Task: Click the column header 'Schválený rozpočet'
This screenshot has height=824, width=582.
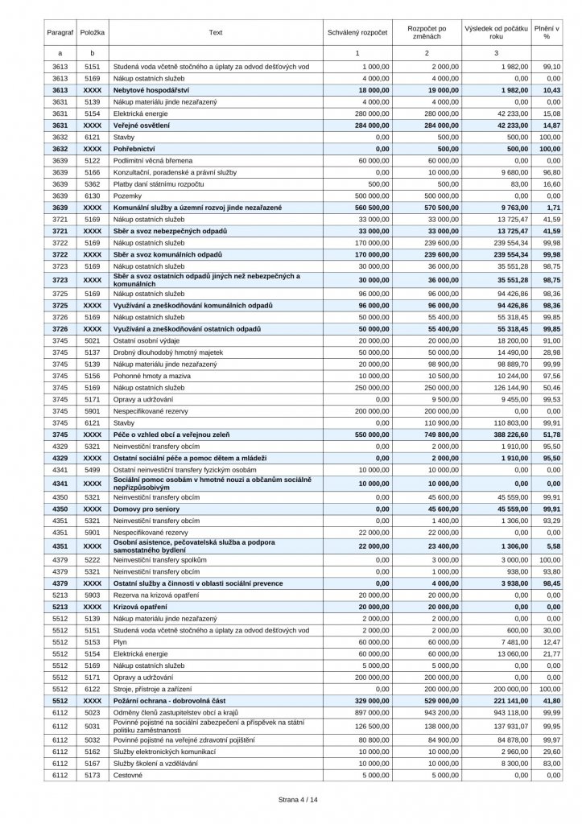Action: coord(357,32)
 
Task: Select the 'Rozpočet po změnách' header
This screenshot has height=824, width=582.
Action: coord(427,32)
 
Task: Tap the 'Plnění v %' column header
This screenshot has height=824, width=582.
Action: coord(547,32)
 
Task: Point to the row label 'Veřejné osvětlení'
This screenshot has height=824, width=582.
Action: coord(141,126)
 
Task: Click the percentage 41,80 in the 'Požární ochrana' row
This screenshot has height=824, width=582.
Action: coord(550,701)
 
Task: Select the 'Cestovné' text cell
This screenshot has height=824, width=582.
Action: coord(128,775)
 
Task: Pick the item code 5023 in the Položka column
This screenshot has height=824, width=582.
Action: coord(93,712)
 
